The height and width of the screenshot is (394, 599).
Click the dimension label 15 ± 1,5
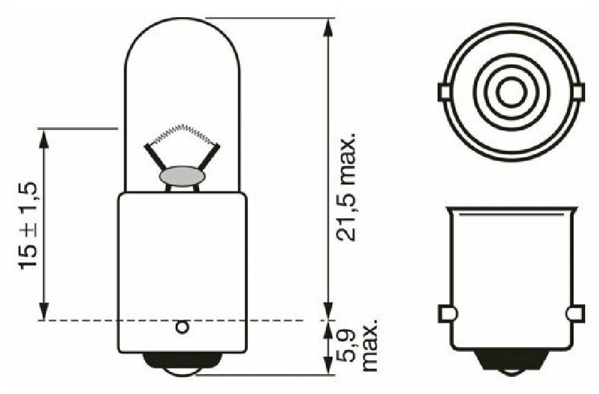(x=28, y=226)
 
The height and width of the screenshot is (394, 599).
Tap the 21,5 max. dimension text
(x=346, y=187)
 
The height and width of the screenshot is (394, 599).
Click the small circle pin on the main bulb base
(x=183, y=327)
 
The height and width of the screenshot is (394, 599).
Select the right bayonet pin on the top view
(x=579, y=92)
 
